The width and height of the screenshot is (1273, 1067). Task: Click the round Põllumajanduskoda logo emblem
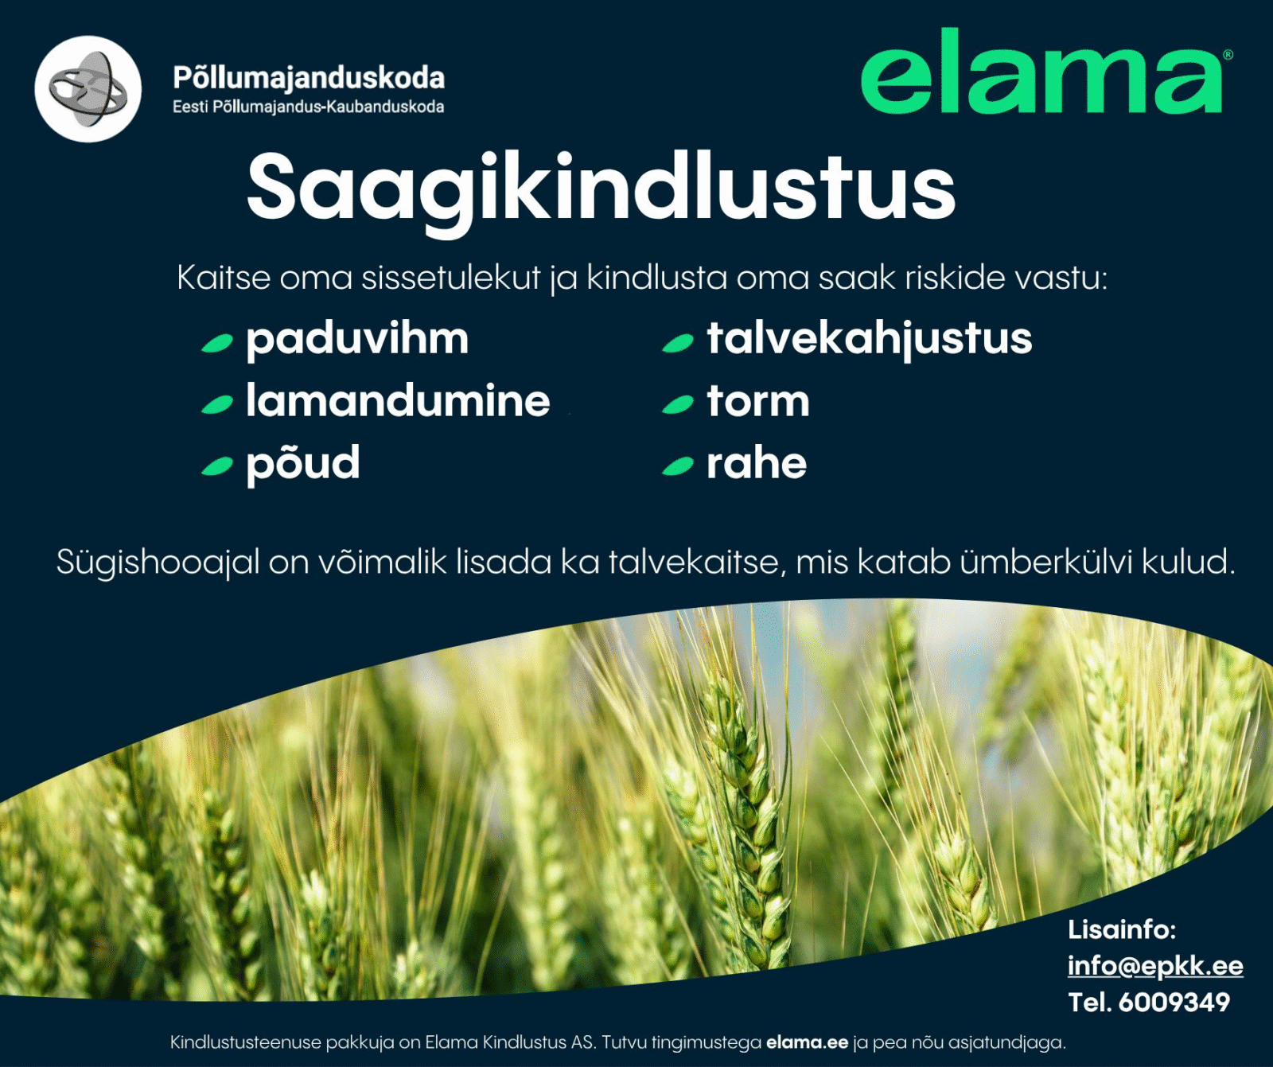click(88, 89)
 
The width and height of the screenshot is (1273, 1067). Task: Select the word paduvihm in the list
click(357, 339)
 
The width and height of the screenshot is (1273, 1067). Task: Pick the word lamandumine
click(398, 400)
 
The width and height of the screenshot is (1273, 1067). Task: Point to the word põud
click(303, 463)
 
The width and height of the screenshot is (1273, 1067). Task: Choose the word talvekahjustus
click(870, 339)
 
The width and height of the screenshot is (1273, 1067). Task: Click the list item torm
click(758, 401)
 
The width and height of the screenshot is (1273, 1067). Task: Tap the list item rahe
click(757, 463)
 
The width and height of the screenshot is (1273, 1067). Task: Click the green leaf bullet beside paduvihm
click(217, 343)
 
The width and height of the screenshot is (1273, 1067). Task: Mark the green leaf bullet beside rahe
click(678, 466)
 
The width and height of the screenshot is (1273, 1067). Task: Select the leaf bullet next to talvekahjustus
click(678, 343)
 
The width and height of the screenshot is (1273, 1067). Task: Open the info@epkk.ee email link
click(1155, 965)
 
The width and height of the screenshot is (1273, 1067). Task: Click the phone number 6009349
click(1174, 1002)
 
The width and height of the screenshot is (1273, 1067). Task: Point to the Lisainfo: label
click(1122, 929)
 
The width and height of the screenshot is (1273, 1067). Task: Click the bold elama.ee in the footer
click(807, 1042)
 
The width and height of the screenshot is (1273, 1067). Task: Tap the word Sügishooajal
click(158, 563)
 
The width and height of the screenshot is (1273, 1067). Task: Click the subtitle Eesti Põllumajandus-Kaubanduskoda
click(309, 107)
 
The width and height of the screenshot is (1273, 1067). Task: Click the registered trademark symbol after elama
click(1228, 55)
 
